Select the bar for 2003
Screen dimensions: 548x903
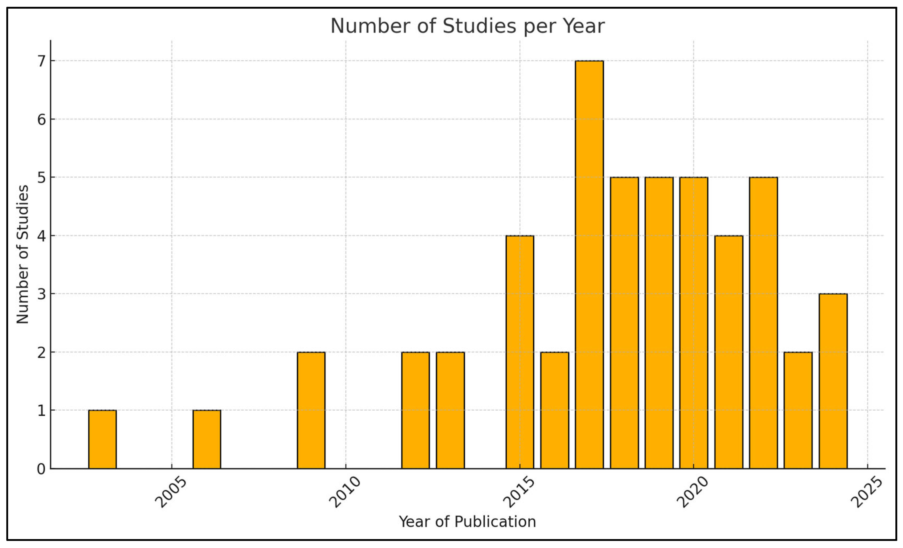102,439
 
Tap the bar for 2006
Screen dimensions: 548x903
207,439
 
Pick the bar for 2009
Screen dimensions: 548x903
311,410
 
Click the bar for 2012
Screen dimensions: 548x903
415,410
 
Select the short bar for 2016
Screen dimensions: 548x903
555,410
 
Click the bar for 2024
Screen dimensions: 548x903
833,381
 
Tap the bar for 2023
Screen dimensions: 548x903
798,410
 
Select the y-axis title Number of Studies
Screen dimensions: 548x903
23,254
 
